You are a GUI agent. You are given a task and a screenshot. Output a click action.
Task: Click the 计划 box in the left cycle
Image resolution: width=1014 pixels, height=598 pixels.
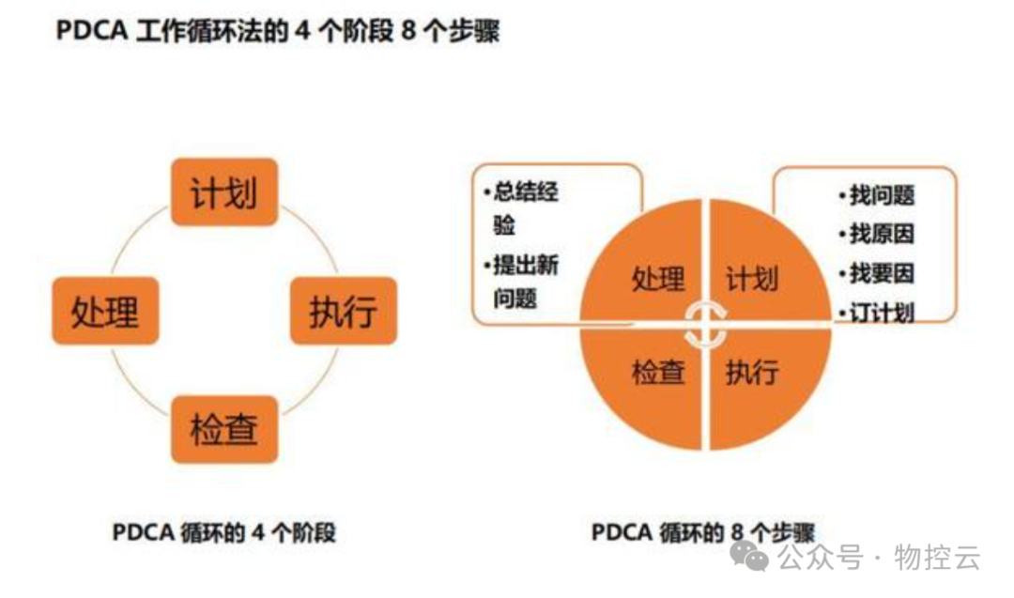click(223, 192)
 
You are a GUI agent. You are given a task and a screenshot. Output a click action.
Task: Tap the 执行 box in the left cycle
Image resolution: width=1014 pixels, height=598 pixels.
click(343, 311)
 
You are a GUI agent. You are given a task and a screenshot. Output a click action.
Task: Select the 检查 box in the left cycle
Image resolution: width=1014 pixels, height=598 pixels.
click(223, 429)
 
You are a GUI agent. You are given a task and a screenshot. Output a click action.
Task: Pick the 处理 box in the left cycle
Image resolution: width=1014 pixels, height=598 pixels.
click(105, 311)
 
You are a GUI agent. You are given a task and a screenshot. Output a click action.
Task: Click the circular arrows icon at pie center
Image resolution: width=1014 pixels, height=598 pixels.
click(704, 324)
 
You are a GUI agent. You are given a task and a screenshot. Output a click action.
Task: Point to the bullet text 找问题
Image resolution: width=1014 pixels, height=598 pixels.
click(882, 195)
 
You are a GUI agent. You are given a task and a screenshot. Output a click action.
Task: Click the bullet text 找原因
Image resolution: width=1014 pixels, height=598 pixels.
click(882, 234)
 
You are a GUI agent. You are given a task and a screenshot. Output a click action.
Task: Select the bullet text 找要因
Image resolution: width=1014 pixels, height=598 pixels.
click(882, 273)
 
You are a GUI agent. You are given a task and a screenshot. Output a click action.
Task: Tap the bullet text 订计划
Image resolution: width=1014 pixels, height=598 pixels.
click(882, 312)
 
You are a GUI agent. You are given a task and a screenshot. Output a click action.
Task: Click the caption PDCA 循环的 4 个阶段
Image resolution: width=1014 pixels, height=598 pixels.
click(223, 533)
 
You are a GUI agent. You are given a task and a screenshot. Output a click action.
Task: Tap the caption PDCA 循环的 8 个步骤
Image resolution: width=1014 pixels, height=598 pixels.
click(702, 532)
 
